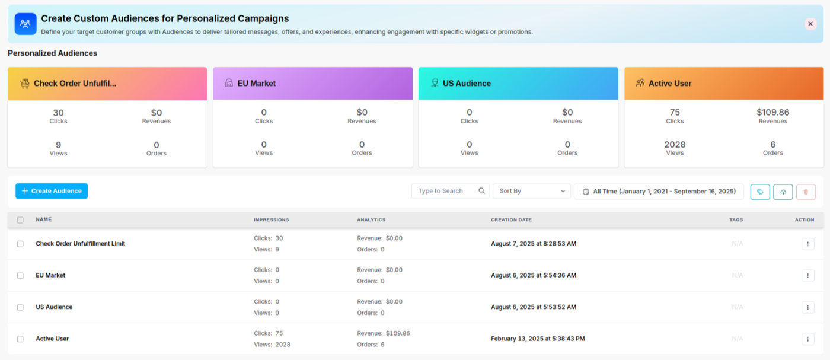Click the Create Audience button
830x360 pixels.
[x=52, y=191]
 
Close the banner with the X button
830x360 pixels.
[x=810, y=24]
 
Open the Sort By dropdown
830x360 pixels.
[x=531, y=191]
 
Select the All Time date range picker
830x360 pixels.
[x=659, y=192]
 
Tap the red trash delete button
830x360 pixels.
[x=806, y=192]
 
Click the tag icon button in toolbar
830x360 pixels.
[x=760, y=192]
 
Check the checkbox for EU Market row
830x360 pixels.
[x=20, y=276]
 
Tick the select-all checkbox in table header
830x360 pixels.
[x=20, y=220]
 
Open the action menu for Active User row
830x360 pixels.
[x=807, y=339]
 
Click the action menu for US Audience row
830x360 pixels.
[x=807, y=307]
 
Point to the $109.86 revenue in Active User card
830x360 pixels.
[x=772, y=112]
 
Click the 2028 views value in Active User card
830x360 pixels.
[x=675, y=145]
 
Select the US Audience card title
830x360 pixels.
[x=467, y=84]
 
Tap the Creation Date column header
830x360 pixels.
[x=511, y=220]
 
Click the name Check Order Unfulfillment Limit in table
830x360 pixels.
[x=80, y=244]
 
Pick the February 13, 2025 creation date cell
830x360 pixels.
[x=538, y=339]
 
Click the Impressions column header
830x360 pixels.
[x=271, y=220]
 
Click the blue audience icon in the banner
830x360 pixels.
[x=25, y=24]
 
